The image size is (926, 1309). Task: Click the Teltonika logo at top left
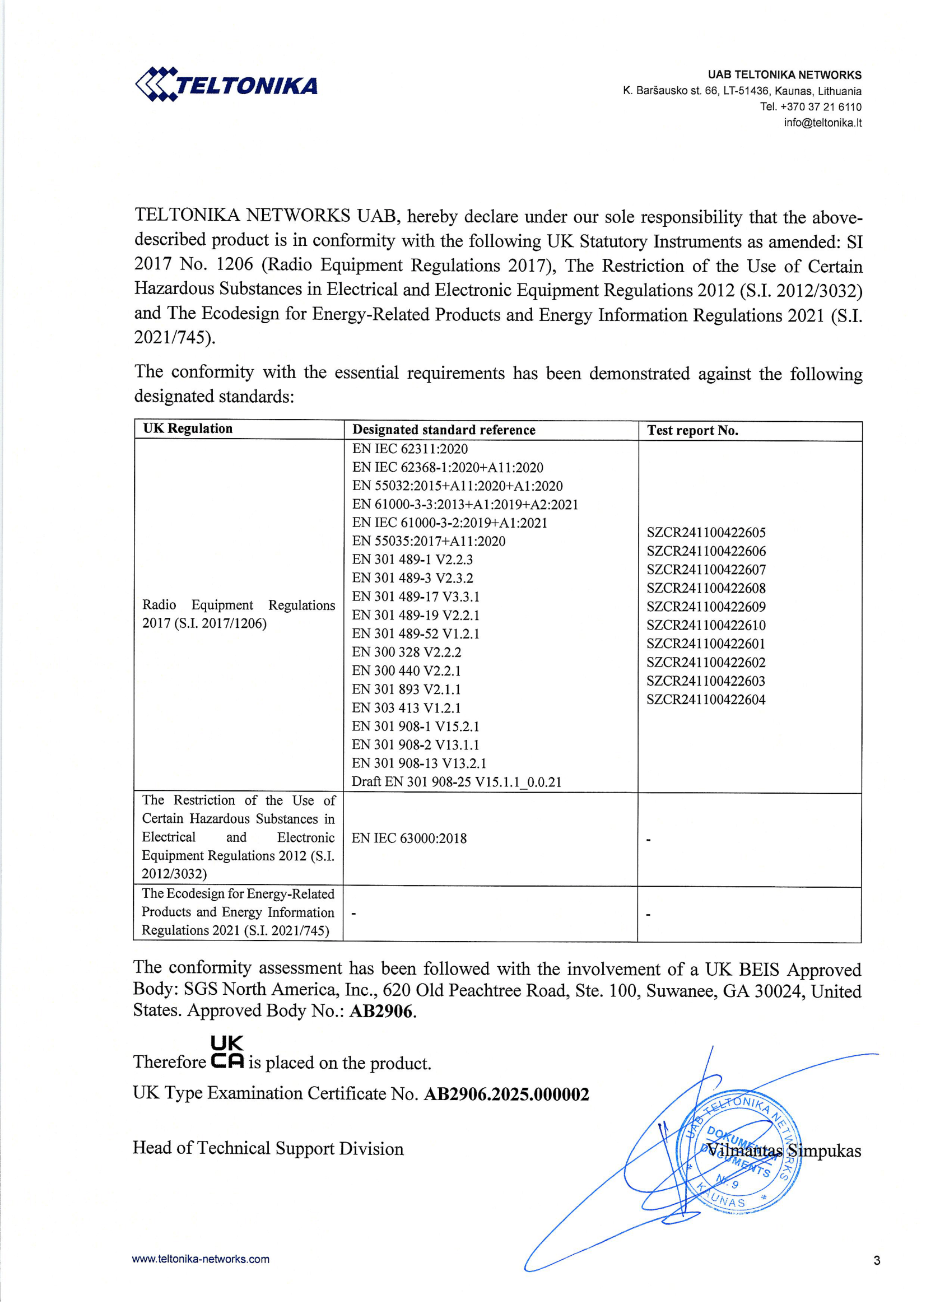pyautogui.click(x=226, y=86)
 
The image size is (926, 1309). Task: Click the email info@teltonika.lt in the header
pyautogui.click(x=822, y=123)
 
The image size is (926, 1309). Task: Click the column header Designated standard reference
pyautogui.click(x=444, y=430)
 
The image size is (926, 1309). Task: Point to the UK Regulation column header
pyautogui.click(x=188, y=428)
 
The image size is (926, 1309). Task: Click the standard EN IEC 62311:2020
pyautogui.click(x=410, y=449)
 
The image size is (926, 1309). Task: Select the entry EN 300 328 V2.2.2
pyautogui.click(x=406, y=652)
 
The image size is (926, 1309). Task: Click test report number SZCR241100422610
pyautogui.click(x=706, y=626)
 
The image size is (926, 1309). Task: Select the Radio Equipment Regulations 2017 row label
pyautogui.click(x=238, y=614)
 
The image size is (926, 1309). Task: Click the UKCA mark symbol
pyautogui.click(x=227, y=1052)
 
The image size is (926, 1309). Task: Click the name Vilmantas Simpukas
pyautogui.click(x=784, y=1150)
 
